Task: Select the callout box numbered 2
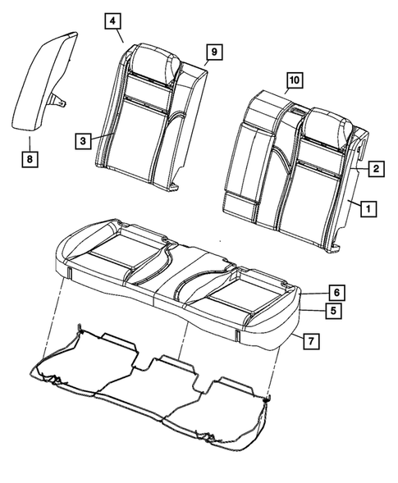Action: coord(374,169)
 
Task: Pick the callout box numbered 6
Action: coord(335,292)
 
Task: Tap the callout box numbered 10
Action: coord(294,80)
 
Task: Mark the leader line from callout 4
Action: coord(119,35)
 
